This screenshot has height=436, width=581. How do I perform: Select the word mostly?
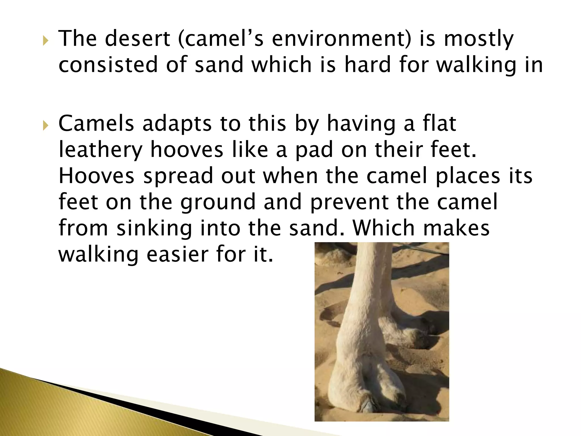[x=479, y=39]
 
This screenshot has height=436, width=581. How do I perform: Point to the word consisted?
[x=108, y=64]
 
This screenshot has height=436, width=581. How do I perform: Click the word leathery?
[x=100, y=150]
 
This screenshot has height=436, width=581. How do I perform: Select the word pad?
[x=314, y=150]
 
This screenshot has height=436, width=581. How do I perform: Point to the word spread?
[x=178, y=176]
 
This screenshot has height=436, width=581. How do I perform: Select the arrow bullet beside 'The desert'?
[x=45, y=42]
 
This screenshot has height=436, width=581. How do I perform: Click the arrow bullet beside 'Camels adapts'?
[x=45, y=125]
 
